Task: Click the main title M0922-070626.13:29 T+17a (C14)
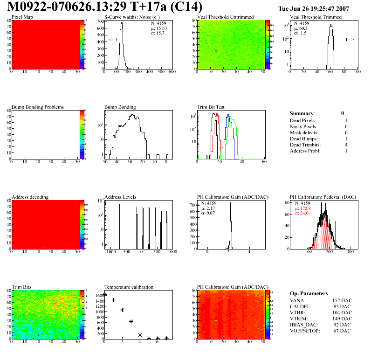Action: (105, 7)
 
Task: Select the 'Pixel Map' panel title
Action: (22, 17)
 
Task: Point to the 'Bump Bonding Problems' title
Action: (38, 107)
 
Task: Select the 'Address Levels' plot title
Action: (120, 197)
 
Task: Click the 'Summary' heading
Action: (302, 113)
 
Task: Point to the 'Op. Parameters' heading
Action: (309, 293)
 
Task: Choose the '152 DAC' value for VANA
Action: (342, 300)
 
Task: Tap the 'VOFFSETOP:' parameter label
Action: (305, 331)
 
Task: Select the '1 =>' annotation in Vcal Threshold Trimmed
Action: (350, 40)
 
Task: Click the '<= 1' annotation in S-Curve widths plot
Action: (112, 40)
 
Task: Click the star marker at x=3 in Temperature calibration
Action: (131, 321)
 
